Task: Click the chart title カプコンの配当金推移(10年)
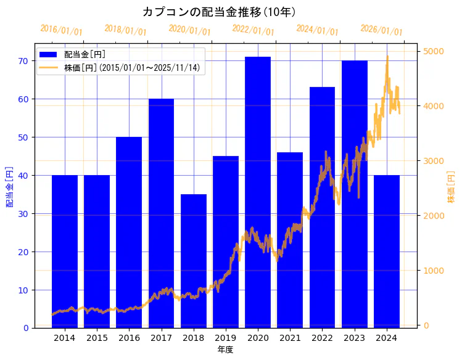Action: (219, 12)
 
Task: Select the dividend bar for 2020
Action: (258, 192)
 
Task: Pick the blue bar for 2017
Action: (161, 213)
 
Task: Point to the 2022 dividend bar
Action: (322, 207)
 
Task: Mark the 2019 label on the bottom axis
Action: (225, 338)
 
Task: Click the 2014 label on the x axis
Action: (64, 338)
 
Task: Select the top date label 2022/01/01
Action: (253, 30)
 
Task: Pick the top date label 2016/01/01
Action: (61, 30)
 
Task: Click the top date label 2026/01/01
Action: (381, 30)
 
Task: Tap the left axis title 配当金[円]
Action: (9, 186)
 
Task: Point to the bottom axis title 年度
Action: (225, 350)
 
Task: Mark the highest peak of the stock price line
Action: (387, 56)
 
